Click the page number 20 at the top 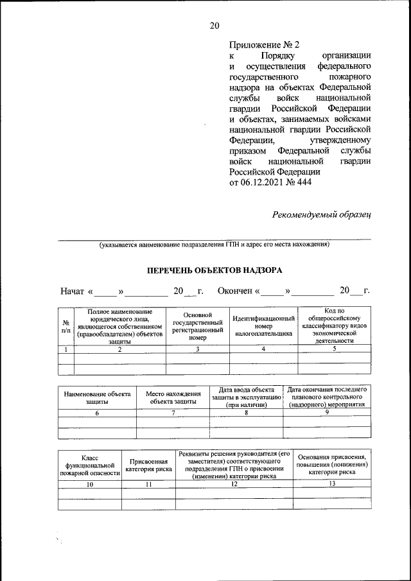point(214,26)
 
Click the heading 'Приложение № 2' point(264,45)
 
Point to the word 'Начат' point(73,291)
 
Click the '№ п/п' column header point(66,327)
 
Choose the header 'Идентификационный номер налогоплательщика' point(264,327)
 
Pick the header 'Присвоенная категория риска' point(148,466)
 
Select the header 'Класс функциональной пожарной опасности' point(90,466)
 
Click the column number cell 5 point(334,349)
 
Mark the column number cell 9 point(327,413)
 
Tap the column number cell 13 point(332,484)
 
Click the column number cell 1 point(66,349)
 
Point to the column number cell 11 point(148,484)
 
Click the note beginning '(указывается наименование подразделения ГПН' point(214,245)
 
